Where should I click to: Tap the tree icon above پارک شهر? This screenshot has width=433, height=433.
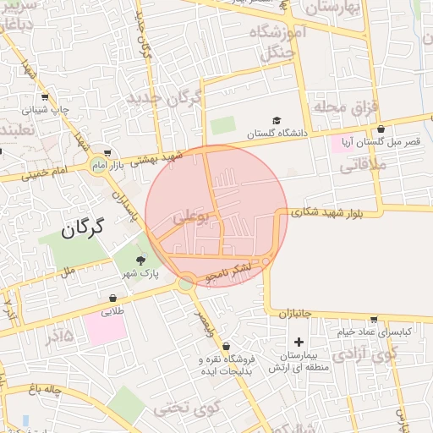[x=140, y=260]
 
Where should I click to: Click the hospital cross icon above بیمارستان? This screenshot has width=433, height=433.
[x=299, y=341]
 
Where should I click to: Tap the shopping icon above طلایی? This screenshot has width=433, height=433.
[x=113, y=298]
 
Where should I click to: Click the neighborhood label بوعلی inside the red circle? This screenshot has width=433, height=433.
[x=190, y=216]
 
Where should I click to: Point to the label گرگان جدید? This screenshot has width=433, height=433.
[x=164, y=99]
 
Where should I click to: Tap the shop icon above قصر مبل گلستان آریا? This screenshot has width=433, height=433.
[x=381, y=129]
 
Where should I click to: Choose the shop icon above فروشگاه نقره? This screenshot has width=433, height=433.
[x=226, y=346]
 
